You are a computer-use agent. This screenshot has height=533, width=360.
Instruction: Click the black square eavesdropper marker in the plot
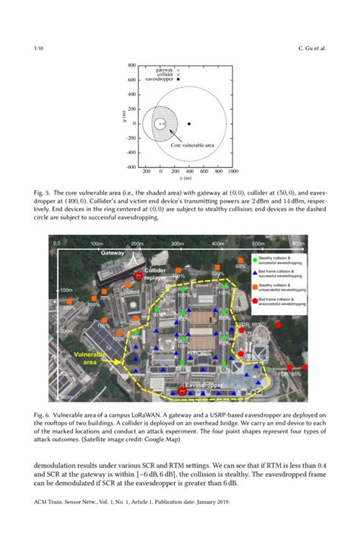[x=188, y=124]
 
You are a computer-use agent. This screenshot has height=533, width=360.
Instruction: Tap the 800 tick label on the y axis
[x=131, y=66]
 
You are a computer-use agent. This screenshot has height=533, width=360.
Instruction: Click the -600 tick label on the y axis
[x=131, y=166]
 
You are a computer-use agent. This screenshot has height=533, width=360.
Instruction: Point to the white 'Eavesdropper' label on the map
[x=205, y=386]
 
